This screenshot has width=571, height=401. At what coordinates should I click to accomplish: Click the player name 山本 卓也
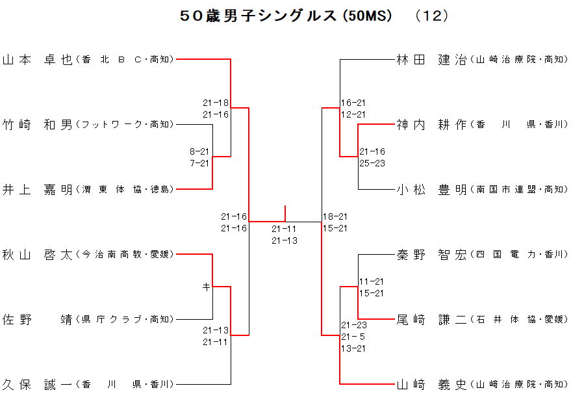[x=38, y=60]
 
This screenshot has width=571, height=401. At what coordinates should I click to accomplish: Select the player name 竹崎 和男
[x=38, y=125]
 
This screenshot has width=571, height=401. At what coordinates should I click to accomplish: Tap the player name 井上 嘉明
[x=38, y=190]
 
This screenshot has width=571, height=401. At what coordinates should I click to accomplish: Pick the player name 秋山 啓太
[x=38, y=255]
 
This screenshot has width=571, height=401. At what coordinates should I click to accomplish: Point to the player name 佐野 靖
[x=38, y=320]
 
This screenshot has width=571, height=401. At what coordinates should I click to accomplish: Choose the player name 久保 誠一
[x=38, y=385]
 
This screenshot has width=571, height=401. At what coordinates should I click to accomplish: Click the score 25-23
[x=372, y=163]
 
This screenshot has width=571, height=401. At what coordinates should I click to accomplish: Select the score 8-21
[x=199, y=151]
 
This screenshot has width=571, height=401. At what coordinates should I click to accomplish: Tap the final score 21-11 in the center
[x=285, y=229]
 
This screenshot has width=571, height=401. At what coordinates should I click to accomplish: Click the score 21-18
[x=216, y=103]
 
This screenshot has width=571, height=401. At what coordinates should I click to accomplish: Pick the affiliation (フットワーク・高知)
[x=125, y=125]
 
